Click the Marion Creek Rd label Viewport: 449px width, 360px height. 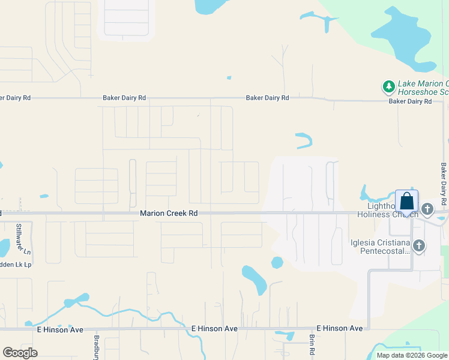(x=169, y=213)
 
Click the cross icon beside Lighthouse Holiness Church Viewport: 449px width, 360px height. (x=427, y=209)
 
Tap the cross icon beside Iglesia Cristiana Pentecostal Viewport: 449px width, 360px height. (x=419, y=245)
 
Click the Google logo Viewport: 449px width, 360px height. (x=20, y=353)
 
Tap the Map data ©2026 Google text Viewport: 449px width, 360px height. (x=411, y=355)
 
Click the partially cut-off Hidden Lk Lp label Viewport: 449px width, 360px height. (x=15, y=265)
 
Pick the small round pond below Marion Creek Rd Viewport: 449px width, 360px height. (x=277, y=262)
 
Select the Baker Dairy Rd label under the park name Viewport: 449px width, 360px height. (x=410, y=101)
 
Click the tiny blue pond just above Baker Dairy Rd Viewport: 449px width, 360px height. (x=229, y=77)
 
